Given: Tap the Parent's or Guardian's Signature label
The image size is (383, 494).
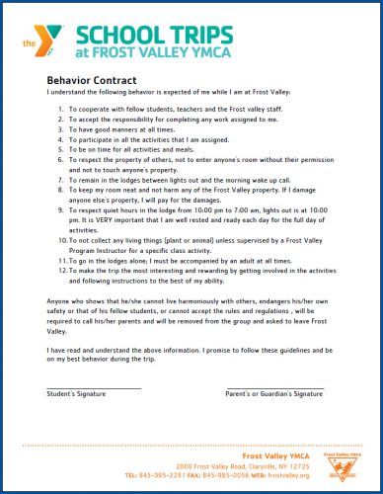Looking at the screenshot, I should (x=274, y=393).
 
